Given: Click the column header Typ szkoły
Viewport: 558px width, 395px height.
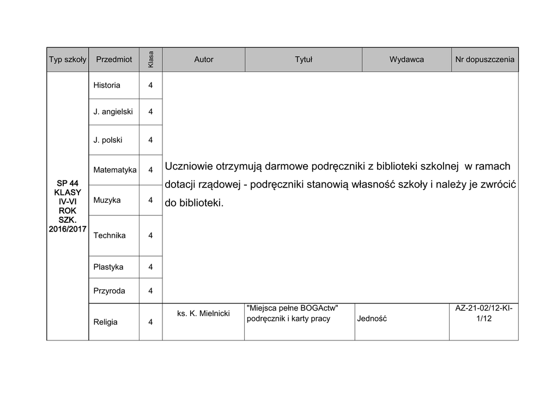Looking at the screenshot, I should click(68, 59).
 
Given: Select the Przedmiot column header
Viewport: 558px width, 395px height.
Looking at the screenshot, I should click(113, 59).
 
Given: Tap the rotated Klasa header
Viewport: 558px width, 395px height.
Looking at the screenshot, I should click(151, 59).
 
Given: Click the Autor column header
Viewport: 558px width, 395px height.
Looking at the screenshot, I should click(204, 59).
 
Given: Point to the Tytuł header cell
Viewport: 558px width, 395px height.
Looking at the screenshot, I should click(303, 59).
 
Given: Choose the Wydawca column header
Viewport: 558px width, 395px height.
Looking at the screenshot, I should click(407, 59).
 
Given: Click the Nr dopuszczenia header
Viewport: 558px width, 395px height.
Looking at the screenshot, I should click(484, 59).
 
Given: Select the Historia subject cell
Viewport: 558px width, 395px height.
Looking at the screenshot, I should click(107, 85).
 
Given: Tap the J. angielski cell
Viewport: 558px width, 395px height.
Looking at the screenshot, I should click(113, 112).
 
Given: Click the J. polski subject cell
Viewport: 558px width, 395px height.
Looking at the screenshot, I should click(108, 140).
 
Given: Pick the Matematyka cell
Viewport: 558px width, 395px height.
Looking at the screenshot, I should click(115, 170).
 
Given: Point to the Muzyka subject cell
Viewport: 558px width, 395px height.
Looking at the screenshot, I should click(107, 200).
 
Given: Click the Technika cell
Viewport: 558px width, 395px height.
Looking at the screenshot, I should click(110, 235).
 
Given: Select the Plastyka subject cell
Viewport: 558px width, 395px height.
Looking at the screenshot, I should click(108, 267).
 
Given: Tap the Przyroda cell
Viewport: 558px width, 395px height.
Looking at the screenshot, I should click(109, 291).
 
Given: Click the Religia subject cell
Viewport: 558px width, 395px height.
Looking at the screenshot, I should click(106, 322).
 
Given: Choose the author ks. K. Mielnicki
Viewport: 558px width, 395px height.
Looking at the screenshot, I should click(204, 313).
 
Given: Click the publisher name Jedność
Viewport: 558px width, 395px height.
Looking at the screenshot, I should click(372, 319).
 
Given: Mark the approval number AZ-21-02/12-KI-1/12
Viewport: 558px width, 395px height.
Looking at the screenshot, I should click(484, 313).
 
